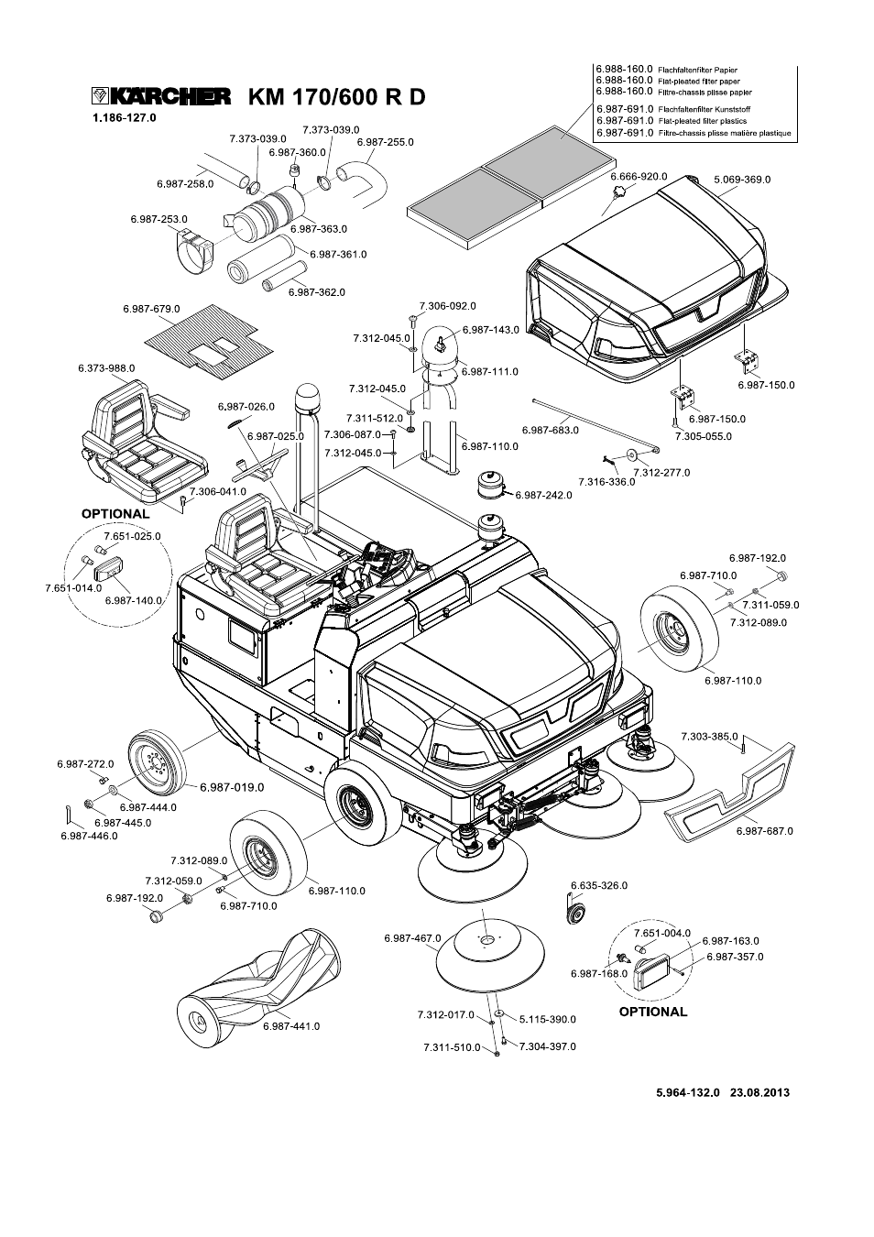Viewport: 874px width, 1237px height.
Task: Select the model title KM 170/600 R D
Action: (x=336, y=97)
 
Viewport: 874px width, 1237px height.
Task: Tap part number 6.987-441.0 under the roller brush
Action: (x=290, y=1026)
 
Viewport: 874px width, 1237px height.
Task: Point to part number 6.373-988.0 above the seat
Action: (x=106, y=367)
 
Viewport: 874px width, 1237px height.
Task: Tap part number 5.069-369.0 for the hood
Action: (x=742, y=180)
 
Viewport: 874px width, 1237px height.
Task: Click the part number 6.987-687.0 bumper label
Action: (x=764, y=831)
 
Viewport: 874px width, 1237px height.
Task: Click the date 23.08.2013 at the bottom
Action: (x=759, y=1092)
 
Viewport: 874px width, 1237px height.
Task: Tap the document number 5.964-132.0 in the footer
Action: (x=688, y=1092)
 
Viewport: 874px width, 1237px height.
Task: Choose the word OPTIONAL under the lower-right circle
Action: (x=652, y=1012)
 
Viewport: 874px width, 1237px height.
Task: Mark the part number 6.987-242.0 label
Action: (x=543, y=495)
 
